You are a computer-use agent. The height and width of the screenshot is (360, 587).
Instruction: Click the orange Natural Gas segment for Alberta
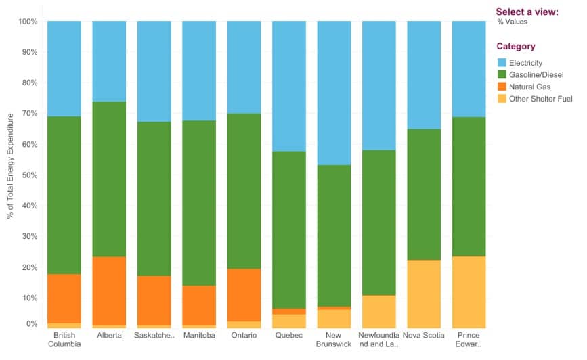pos(109,291)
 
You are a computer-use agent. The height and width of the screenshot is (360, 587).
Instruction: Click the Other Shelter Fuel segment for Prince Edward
pos(469,292)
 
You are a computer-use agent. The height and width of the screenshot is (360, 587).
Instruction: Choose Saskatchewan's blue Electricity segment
pos(154,71)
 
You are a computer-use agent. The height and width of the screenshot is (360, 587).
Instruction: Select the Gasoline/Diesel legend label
pos(536,75)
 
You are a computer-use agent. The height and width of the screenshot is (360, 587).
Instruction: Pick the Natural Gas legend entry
pos(529,87)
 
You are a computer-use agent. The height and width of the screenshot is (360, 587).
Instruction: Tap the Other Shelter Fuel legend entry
pos(540,99)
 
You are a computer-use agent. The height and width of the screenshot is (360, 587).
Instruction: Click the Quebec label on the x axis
pos(289,336)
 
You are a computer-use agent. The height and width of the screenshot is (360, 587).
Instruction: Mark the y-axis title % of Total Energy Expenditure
pos(9,166)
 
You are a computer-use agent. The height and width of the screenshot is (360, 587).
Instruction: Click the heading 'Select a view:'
pos(527,12)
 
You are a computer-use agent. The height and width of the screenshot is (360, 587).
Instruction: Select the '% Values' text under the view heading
pos(512,22)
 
